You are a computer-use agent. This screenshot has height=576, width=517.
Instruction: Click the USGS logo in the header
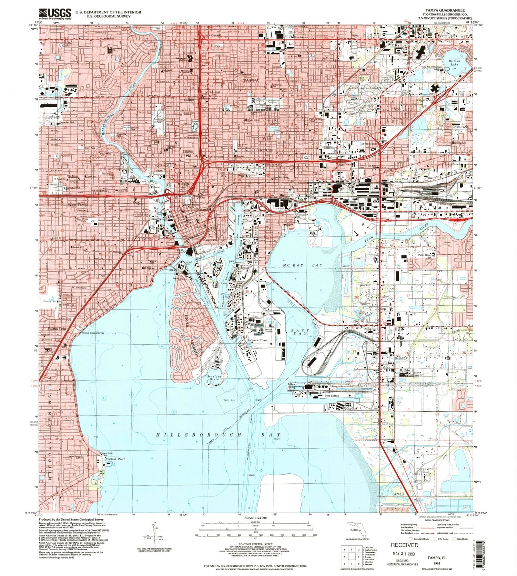point(55,14)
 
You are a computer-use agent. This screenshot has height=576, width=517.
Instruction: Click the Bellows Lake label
point(454,63)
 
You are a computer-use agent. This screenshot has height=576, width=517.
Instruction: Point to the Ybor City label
point(265,150)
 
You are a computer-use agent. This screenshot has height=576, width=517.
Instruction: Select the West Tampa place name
point(78,205)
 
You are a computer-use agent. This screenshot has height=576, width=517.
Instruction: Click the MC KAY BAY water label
point(303,265)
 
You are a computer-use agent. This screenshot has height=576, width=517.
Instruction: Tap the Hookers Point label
point(257,340)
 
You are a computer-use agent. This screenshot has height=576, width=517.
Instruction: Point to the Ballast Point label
point(115,459)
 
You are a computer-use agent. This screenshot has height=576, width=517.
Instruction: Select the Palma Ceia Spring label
point(93,333)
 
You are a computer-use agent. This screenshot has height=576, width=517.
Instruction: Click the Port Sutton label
point(332,396)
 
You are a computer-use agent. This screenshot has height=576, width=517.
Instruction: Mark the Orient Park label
point(460,127)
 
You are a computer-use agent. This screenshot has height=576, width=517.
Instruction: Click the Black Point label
point(292,385)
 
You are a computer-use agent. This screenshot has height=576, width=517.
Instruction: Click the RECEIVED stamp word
point(404,545)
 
